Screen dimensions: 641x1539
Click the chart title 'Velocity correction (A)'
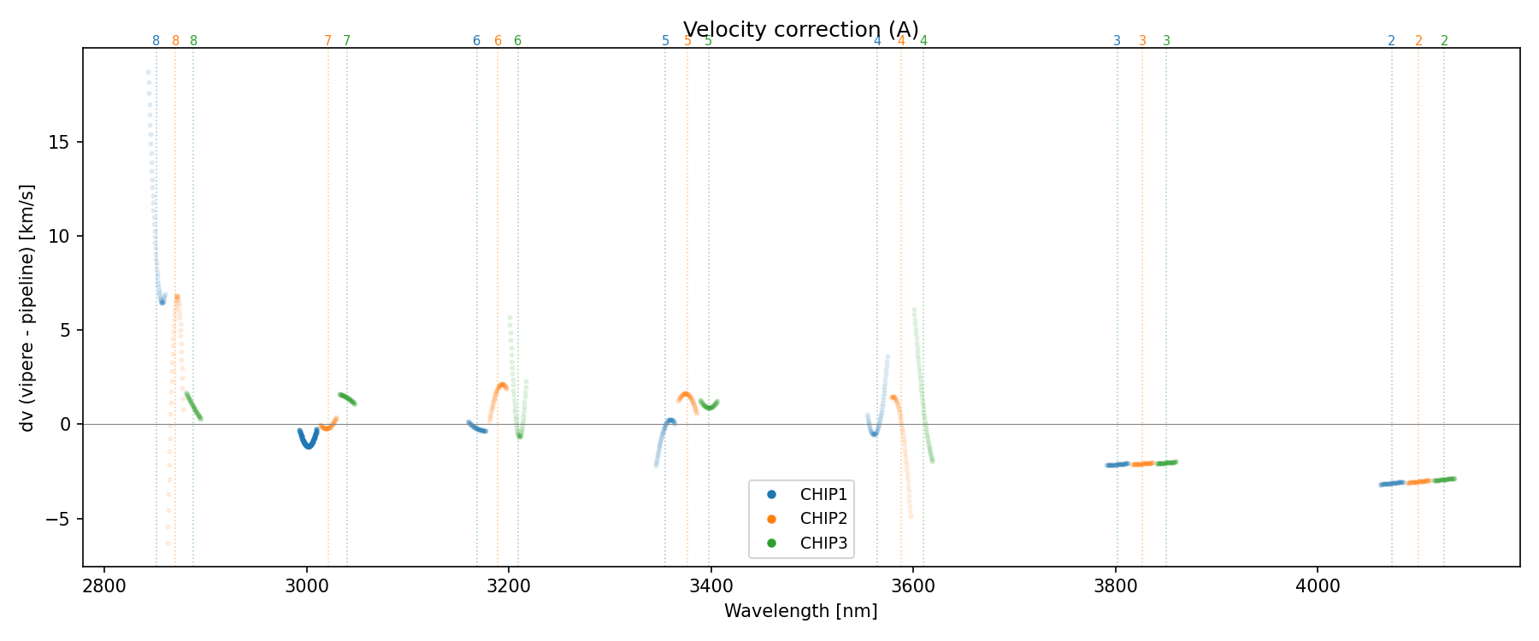pos(800,30)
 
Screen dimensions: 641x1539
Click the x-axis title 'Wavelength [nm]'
pos(800,611)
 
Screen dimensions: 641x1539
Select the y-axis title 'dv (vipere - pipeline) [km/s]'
pos(27,308)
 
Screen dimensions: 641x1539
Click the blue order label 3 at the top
pos(1117,41)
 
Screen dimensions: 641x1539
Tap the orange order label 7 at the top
pos(327,41)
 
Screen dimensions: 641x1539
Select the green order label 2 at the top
pos(1444,41)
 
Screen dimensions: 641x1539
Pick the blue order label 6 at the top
pos(477,41)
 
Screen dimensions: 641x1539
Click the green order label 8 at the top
pos(193,41)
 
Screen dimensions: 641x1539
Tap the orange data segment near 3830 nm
pos(1143,463)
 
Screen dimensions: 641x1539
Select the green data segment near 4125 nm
pos(1444,479)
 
